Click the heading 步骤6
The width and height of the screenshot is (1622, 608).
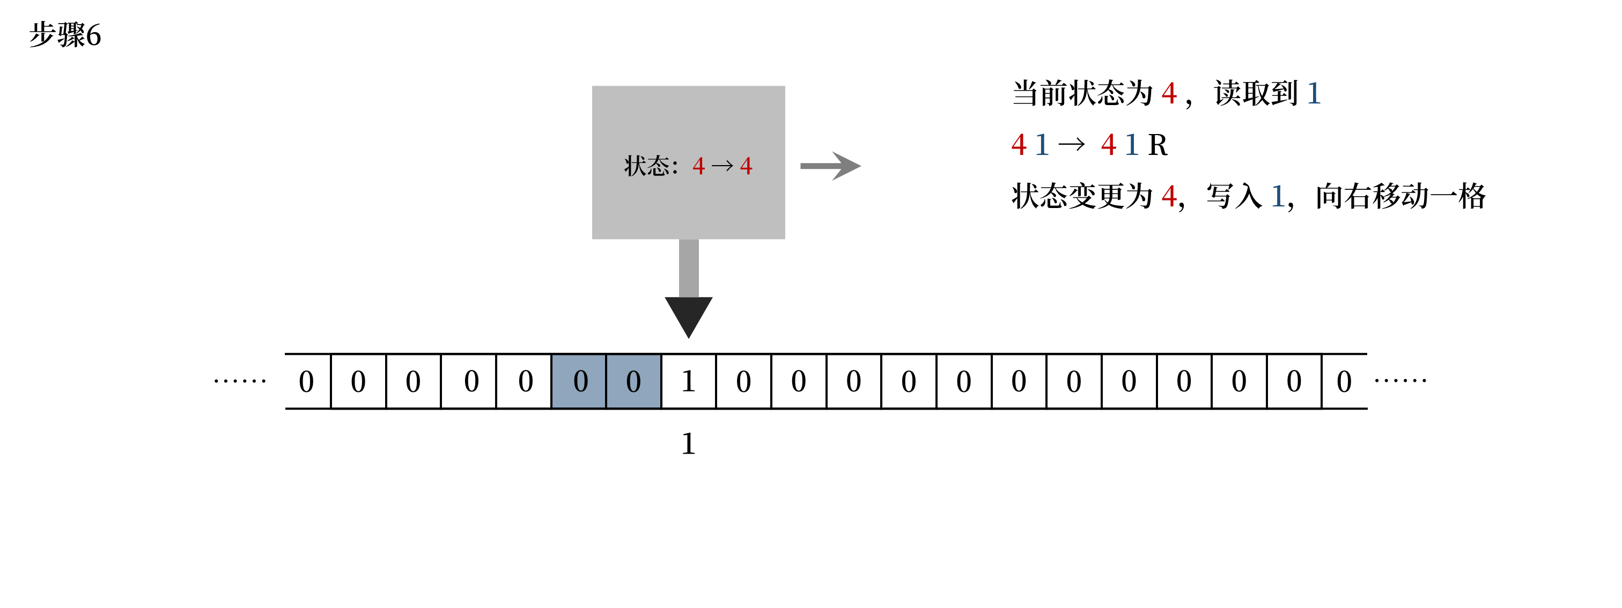65,35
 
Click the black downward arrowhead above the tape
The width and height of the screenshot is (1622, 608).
688,315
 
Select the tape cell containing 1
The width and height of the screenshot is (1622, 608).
688,381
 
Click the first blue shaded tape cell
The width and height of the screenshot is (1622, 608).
579,381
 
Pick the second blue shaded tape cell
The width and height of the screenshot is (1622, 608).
633,381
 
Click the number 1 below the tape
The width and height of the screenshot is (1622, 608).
688,444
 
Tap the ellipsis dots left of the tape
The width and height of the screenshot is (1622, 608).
240,381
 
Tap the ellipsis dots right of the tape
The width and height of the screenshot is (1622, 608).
1400,380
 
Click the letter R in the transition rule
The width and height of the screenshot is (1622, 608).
1157,145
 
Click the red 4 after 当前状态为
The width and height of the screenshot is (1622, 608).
1169,94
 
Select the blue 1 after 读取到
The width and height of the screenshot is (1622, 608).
1314,94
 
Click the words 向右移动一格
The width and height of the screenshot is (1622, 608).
1400,196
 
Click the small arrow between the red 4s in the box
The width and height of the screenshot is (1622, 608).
722,166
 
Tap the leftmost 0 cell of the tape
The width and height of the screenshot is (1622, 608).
307,381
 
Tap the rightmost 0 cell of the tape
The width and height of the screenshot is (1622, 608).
1344,381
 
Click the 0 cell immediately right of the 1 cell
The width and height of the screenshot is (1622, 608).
743,381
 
